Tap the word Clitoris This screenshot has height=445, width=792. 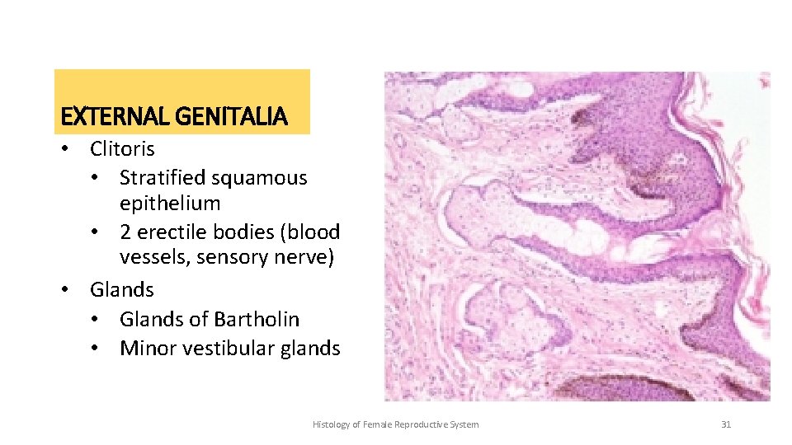pyautogui.click(x=122, y=149)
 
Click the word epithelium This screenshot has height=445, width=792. pyautogui.click(x=170, y=204)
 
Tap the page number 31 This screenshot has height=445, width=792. pyautogui.click(x=726, y=424)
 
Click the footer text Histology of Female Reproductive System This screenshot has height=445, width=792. pyautogui.click(x=395, y=424)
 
